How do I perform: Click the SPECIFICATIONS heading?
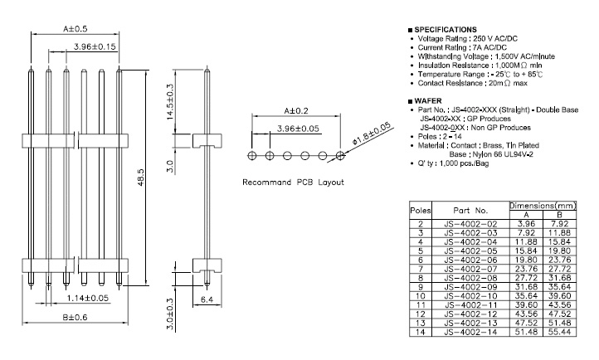point(448,30)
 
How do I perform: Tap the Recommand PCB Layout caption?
point(293,182)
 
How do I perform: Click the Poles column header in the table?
point(421,212)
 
